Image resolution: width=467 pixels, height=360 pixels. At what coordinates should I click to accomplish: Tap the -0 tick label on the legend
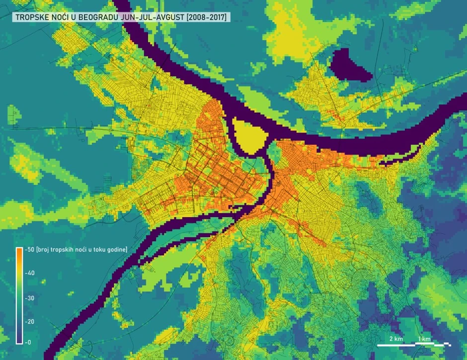pyautogui.click(x=27, y=342)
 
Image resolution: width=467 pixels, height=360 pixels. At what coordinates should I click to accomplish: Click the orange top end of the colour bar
pyautogui.click(x=19, y=251)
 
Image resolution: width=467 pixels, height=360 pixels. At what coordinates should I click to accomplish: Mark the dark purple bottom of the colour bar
pyautogui.click(x=19, y=340)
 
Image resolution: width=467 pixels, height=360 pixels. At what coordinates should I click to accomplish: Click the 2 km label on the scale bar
pyautogui.click(x=396, y=339)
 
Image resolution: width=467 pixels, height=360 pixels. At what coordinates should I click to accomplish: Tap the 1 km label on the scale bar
pyautogui.click(x=424, y=339)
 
